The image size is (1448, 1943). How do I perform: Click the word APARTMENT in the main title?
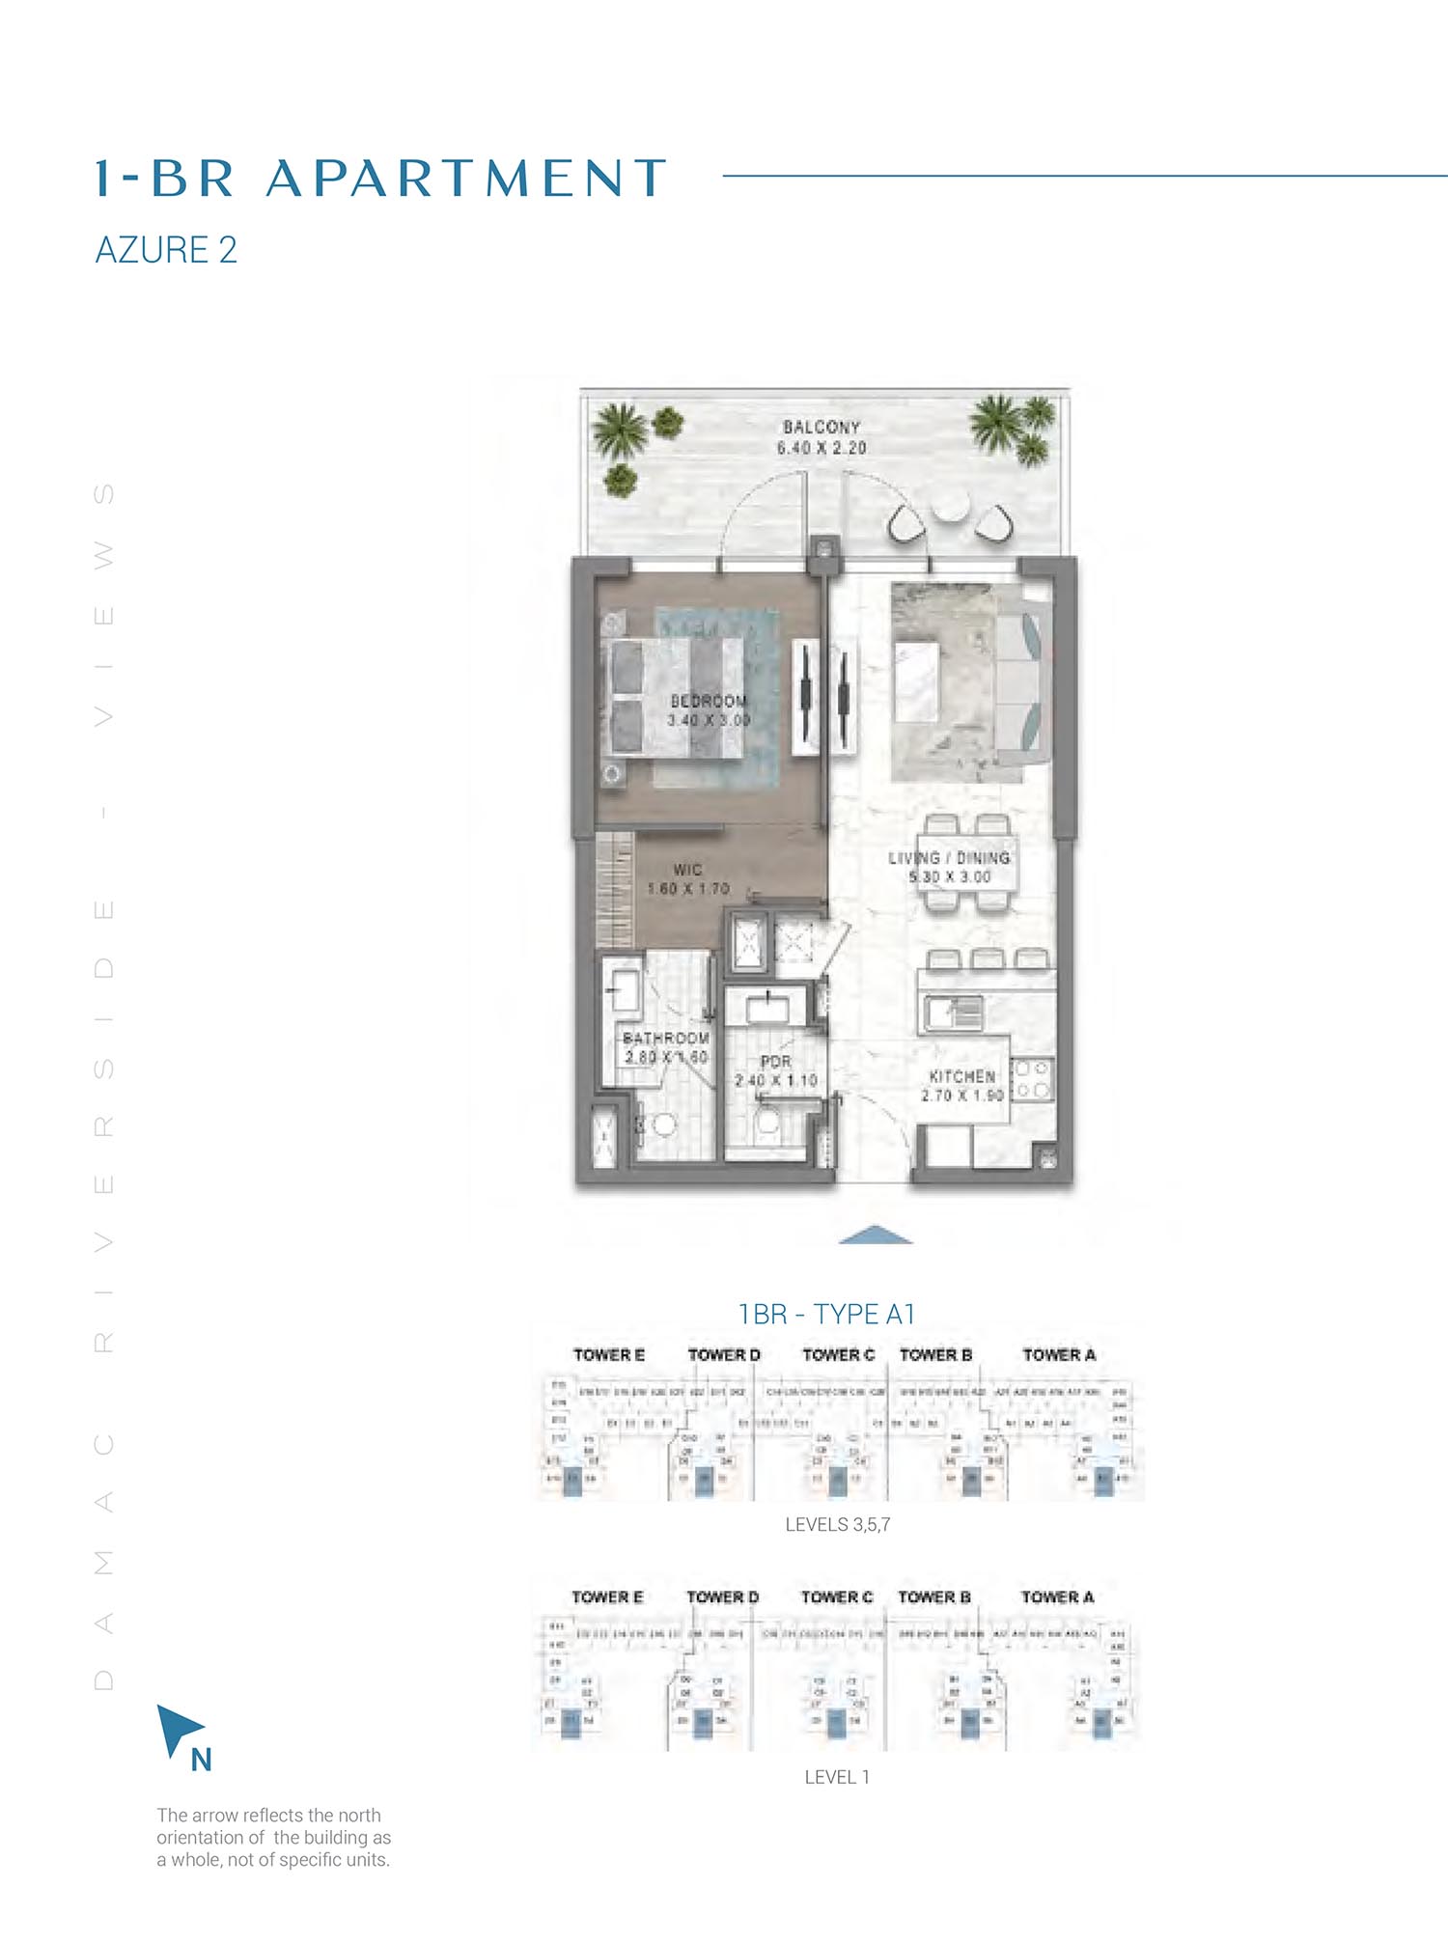[x=466, y=179]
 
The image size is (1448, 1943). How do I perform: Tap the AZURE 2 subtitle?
[x=166, y=250]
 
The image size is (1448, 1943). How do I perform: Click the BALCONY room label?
[x=821, y=427]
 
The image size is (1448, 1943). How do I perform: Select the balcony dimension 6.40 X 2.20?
[x=821, y=448]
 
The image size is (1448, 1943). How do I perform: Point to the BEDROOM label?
[x=709, y=701]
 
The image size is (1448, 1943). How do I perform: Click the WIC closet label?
[x=687, y=870]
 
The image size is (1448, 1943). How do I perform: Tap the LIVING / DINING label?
[x=949, y=857]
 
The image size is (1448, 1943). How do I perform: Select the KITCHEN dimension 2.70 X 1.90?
[x=961, y=1096]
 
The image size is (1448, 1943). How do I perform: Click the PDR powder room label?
[x=775, y=1062]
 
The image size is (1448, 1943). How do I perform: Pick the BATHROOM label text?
[x=666, y=1038]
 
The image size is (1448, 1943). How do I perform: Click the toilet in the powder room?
[x=768, y=1123]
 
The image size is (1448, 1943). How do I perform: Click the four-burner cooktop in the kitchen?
[x=1032, y=1079]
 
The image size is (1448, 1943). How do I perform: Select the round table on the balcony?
[x=950, y=508]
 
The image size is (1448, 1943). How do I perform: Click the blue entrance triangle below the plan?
[x=875, y=1235]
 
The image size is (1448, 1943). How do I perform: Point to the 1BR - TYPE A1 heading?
[x=826, y=1314]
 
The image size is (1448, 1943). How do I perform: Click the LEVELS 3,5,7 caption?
[x=837, y=1525]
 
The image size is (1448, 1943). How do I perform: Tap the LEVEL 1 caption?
[x=837, y=1777]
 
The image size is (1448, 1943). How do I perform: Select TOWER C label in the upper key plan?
[x=838, y=1355]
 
